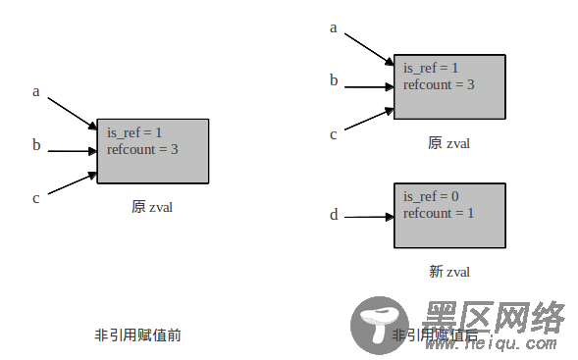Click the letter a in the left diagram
(36, 92)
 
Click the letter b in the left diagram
(36, 146)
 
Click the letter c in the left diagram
(36, 198)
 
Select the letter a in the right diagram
(334, 27)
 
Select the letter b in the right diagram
(334, 80)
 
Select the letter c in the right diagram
(334, 133)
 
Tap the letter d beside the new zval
(334, 215)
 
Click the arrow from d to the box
(368, 217)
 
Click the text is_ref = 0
(431, 197)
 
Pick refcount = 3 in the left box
(142, 149)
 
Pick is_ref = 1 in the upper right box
(431, 69)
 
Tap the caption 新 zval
(449, 272)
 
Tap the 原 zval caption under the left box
(152, 207)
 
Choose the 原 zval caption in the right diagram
(449, 143)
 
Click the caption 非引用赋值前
(137, 335)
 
